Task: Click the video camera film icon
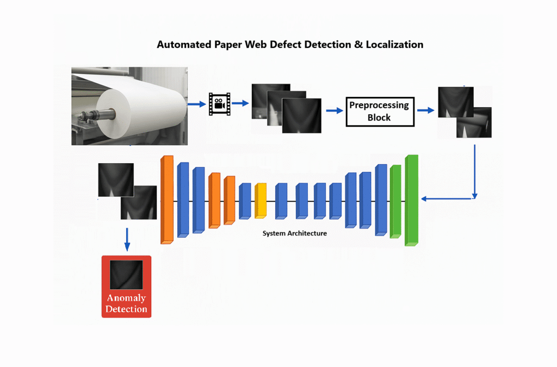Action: tap(219, 104)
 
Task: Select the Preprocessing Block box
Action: tap(380, 111)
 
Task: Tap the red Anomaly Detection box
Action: tap(126, 287)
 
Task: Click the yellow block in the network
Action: tap(261, 201)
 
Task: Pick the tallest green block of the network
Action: tap(412, 200)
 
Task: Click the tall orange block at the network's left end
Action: tap(166, 199)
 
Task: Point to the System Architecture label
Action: tap(295, 233)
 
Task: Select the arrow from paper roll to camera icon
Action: tap(195, 103)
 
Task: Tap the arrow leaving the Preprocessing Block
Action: tap(426, 110)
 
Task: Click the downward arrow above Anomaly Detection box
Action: tap(127, 239)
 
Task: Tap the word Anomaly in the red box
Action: tap(126, 298)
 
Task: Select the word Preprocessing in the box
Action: tap(379, 105)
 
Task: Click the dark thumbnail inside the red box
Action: tap(126, 275)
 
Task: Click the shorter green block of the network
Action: tap(395, 201)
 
